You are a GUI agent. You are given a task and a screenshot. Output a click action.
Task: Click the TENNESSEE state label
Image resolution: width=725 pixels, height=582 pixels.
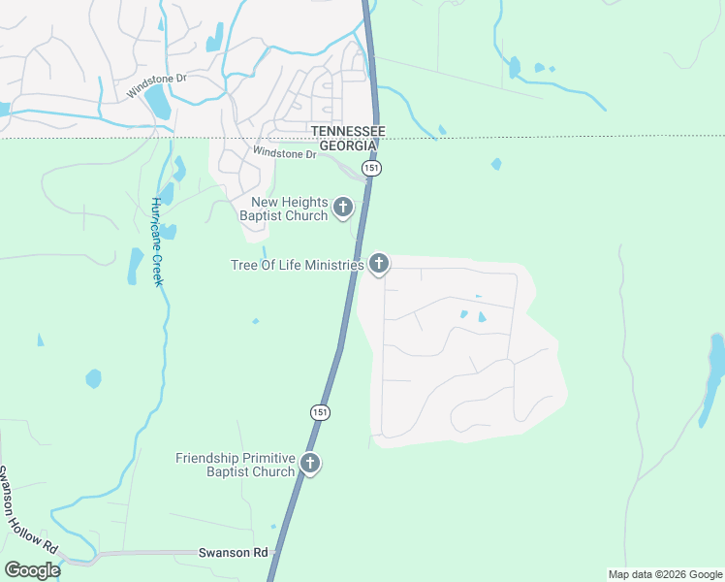point(347,131)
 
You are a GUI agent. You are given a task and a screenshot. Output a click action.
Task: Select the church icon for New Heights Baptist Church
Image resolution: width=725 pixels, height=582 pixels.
point(342,207)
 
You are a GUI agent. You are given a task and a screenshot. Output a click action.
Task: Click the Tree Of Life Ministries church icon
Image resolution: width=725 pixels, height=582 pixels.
point(379,263)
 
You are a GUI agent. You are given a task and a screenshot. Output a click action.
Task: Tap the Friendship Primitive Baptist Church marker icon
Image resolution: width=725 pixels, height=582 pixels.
point(310,463)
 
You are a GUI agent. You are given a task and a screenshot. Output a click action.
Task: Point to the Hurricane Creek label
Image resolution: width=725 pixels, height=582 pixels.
point(155,242)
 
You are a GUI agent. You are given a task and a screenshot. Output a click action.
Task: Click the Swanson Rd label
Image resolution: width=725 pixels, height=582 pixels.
point(233,552)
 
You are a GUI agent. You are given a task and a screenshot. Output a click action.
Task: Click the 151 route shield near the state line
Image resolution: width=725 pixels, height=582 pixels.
point(373,168)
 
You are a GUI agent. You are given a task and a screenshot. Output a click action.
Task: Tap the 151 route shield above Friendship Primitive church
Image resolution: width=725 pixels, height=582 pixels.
point(320,412)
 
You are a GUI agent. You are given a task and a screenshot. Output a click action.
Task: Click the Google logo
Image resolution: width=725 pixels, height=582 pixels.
point(32,570)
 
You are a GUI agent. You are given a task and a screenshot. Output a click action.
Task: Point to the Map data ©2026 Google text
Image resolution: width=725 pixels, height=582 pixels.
point(665,574)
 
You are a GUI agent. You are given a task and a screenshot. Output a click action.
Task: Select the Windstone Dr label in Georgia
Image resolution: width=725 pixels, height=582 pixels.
point(284,153)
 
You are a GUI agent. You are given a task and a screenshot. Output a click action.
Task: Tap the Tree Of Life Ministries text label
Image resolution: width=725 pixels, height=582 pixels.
point(298,264)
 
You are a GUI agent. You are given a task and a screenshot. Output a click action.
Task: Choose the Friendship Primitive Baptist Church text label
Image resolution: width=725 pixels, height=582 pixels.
point(236,465)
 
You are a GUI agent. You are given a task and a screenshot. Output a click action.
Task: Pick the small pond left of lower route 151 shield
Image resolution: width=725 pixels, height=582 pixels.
point(93,377)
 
